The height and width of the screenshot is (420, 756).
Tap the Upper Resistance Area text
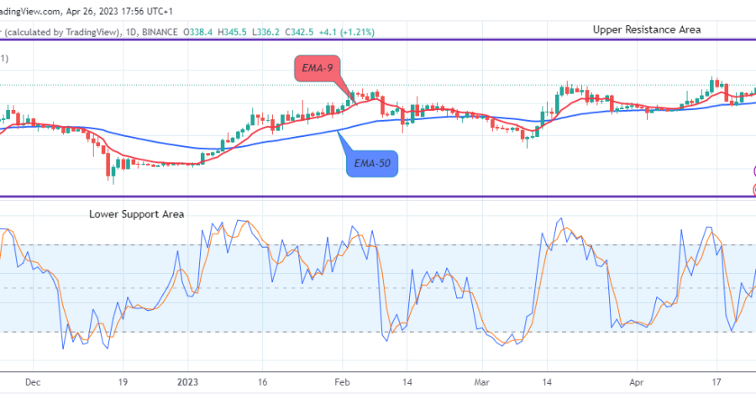click(647, 29)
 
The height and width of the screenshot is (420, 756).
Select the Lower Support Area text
click(137, 214)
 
